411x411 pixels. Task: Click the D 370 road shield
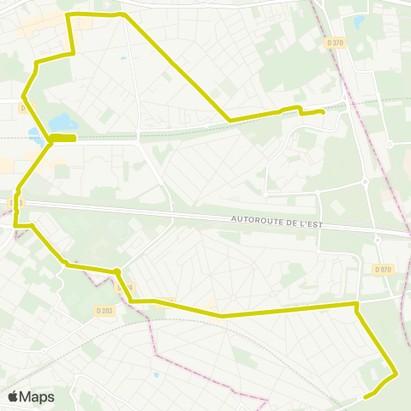coord(335,43)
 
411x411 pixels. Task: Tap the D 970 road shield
coord(383,270)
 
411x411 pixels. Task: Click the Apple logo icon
coord(13,396)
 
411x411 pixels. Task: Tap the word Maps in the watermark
coord(38,396)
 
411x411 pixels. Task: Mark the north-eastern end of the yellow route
coord(322,112)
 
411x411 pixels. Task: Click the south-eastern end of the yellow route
coord(366,396)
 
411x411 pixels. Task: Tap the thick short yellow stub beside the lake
coord(64,137)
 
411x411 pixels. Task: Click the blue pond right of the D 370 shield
coord(359,22)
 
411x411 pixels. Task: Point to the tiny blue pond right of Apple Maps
coord(155,374)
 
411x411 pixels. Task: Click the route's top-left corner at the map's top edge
coord(68,15)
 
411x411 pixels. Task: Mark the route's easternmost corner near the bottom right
coord(396,373)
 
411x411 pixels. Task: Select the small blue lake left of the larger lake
coord(34,134)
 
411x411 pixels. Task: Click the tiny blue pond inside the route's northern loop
coord(124,58)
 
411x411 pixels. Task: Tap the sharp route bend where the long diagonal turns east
coord(229,120)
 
